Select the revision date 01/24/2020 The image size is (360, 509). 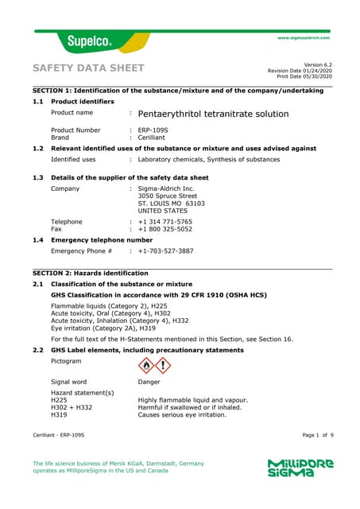tap(314, 70)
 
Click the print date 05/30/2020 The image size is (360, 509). tap(316, 76)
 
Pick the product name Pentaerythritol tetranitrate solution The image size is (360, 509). tap(213, 114)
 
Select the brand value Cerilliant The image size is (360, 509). tap(153, 137)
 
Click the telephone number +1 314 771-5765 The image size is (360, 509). tap(165, 222)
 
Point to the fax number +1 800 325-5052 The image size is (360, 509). tap(165, 229)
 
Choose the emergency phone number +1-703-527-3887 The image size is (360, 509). tap(165, 251)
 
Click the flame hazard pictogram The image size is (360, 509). tap(145, 365)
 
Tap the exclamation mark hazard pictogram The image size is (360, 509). tap(163, 365)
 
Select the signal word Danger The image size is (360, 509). tap(149, 383)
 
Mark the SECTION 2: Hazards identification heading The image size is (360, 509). tap(95, 273)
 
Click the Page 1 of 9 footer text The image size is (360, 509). tap(317, 436)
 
